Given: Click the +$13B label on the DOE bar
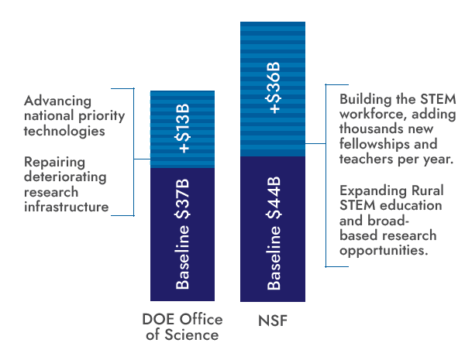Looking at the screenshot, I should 184,129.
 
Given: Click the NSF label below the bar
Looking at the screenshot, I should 272,319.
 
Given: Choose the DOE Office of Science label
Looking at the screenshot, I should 182,327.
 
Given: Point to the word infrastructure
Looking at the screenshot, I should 66,207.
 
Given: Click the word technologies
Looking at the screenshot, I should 64,131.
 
